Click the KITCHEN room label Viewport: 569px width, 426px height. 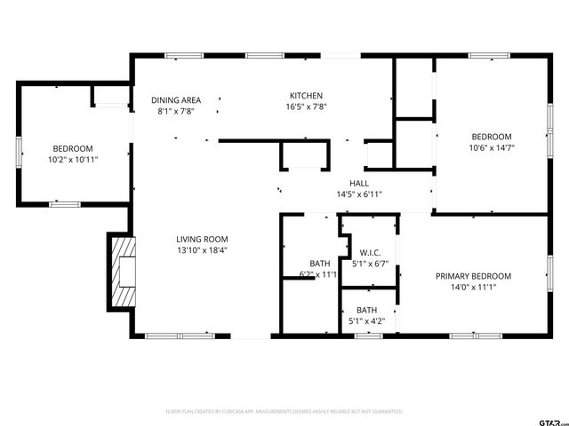pos(306,96)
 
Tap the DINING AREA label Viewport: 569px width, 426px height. pos(175,100)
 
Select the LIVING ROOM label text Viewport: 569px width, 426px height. pos(202,239)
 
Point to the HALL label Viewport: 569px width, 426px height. pos(359,183)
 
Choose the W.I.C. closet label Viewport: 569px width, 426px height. pos(371,251)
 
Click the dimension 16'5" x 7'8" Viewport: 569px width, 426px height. pos(306,106)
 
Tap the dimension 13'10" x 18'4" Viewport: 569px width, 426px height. pos(202,250)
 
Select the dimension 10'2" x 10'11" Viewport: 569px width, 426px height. pos(72,160)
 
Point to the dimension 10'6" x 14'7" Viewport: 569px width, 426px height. pos(492,147)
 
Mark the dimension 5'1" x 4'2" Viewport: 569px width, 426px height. pos(366,321)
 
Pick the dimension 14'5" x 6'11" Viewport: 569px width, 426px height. pos(359,194)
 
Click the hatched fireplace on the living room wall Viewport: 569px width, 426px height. pos(121,271)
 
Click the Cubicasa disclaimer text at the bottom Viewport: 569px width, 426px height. pos(284,412)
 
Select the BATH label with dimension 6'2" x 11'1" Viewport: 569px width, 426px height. pos(320,264)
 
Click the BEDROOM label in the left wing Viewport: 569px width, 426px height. pos(72,148)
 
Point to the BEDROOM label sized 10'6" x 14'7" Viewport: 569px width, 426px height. pos(492,136)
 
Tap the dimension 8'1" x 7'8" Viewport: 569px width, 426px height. pos(175,112)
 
